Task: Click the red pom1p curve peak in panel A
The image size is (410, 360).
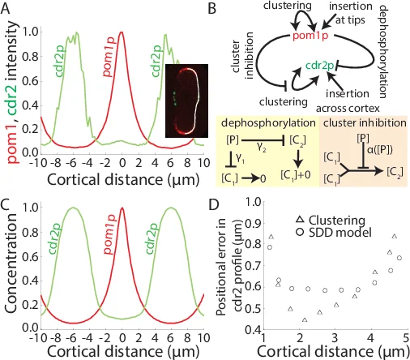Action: coord(122,33)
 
